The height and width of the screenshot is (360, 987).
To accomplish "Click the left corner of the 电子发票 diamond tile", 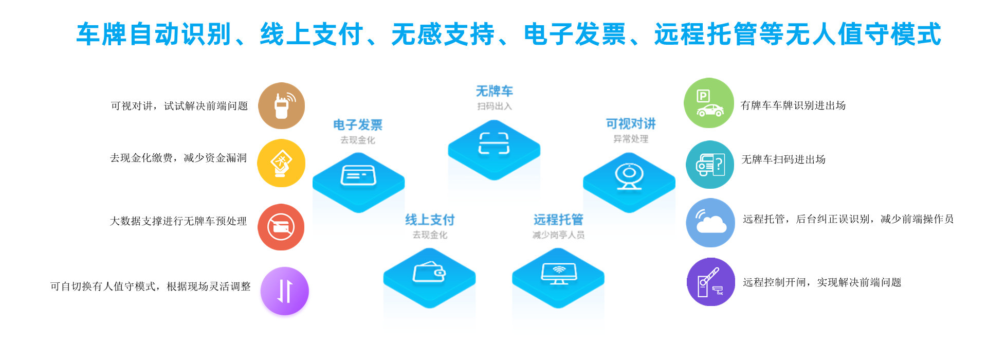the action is click(313, 182).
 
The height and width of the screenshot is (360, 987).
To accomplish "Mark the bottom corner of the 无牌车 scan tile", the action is click(494, 180).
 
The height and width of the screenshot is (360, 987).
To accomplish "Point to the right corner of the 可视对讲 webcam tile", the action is click(675, 182).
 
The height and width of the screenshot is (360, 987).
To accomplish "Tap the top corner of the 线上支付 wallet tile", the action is click(429, 248).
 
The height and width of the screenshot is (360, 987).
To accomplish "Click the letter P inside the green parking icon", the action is click(703, 96).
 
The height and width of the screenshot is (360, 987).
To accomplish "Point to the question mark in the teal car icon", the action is click(719, 165).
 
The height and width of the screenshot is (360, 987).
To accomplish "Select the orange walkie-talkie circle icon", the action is click(281, 106).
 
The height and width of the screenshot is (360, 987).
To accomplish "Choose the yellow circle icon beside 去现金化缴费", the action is click(281, 163).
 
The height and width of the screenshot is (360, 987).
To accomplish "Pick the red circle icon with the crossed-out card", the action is click(281, 227).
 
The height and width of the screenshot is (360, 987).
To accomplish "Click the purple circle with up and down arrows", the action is click(285, 291).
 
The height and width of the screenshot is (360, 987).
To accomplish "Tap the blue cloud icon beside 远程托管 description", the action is click(710, 223).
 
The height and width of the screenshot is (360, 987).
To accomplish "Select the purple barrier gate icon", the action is click(711, 282).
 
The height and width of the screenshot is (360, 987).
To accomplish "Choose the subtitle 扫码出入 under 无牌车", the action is click(495, 106).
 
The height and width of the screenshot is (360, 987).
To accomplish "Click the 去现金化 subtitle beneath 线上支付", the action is click(430, 235).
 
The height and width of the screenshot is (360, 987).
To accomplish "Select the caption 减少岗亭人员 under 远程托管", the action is click(558, 235).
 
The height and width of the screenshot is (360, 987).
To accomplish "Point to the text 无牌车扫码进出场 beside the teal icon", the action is click(783, 159).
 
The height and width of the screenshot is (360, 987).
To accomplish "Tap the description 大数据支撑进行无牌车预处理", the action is click(178, 221).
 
